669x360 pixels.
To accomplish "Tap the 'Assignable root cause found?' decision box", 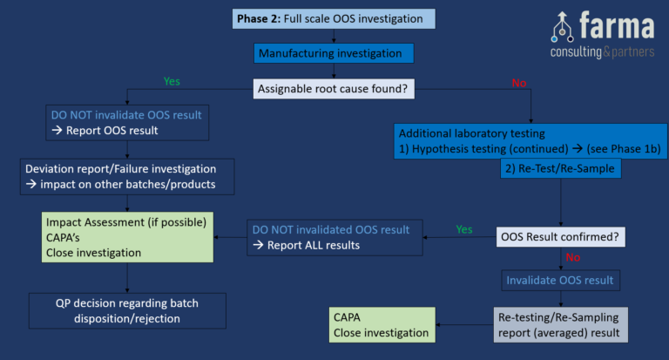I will coord(334,88).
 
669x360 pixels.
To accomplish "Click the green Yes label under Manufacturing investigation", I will coord(172,81).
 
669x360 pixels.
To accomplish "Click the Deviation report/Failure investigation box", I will coord(127,176).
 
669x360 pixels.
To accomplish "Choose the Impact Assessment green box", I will coord(127,237).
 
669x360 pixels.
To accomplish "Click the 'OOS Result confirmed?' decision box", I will coord(560,236).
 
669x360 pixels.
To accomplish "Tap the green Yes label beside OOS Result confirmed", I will coord(464,230).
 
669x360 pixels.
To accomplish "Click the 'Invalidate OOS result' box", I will coord(560,280).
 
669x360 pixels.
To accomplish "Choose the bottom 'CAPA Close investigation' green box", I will coord(381,324).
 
